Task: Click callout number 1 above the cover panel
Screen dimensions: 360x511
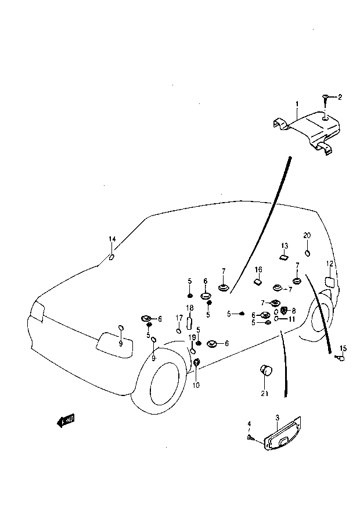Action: (297, 104)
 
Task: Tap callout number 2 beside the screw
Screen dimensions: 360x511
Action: (340, 97)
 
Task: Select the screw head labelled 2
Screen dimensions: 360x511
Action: (325, 96)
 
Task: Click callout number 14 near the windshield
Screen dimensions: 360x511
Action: (112, 239)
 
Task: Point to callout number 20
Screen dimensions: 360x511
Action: (307, 235)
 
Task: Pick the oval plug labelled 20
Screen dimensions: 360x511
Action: (307, 253)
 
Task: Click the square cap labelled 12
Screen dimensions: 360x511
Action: (330, 282)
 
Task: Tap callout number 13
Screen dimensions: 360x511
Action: (285, 246)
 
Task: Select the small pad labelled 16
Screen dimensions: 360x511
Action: (258, 282)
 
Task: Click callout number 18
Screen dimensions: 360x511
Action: (190, 308)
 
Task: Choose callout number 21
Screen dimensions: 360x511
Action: (265, 394)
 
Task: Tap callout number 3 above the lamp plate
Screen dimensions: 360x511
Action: (277, 418)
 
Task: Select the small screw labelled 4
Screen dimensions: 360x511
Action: (250, 437)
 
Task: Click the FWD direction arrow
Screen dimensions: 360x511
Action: (66, 421)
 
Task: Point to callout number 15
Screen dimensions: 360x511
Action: (343, 348)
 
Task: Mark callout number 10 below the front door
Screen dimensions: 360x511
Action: (196, 385)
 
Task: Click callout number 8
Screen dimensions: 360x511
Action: (294, 311)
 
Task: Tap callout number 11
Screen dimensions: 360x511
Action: (291, 319)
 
